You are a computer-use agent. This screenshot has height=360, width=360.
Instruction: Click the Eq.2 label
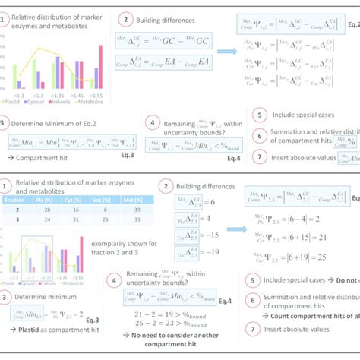pos(349,44)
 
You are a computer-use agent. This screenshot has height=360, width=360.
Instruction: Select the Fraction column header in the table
pos(17,200)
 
